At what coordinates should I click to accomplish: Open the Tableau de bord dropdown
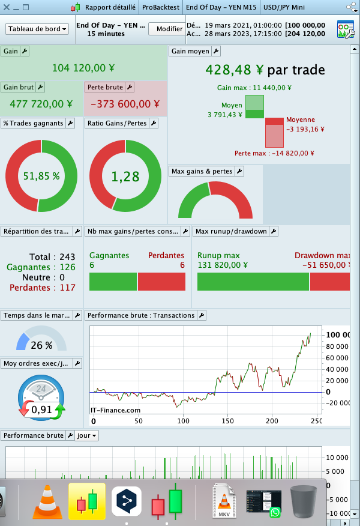[x=37, y=29]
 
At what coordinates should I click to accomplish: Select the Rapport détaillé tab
[x=110, y=8]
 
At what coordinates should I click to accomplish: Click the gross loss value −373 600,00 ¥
[x=125, y=104]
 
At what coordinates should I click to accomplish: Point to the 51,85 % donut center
[x=41, y=176]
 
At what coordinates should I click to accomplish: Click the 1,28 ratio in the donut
[x=125, y=177]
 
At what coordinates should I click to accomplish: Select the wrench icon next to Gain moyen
[x=217, y=52]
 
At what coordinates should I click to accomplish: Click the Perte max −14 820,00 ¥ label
[x=274, y=153]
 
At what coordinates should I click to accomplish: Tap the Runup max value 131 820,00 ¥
[x=223, y=265]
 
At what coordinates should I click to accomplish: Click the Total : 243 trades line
[x=52, y=258]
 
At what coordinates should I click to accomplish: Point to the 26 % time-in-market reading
[x=41, y=345]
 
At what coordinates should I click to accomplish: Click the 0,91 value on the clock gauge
[x=41, y=410]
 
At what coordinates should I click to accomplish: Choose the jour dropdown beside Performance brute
[x=86, y=435]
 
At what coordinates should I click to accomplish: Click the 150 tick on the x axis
[x=227, y=421]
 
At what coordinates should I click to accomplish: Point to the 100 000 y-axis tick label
[x=338, y=334]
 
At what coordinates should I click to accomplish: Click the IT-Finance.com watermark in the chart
[x=115, y=410]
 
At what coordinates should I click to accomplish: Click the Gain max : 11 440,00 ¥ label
[x=254, y=88]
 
